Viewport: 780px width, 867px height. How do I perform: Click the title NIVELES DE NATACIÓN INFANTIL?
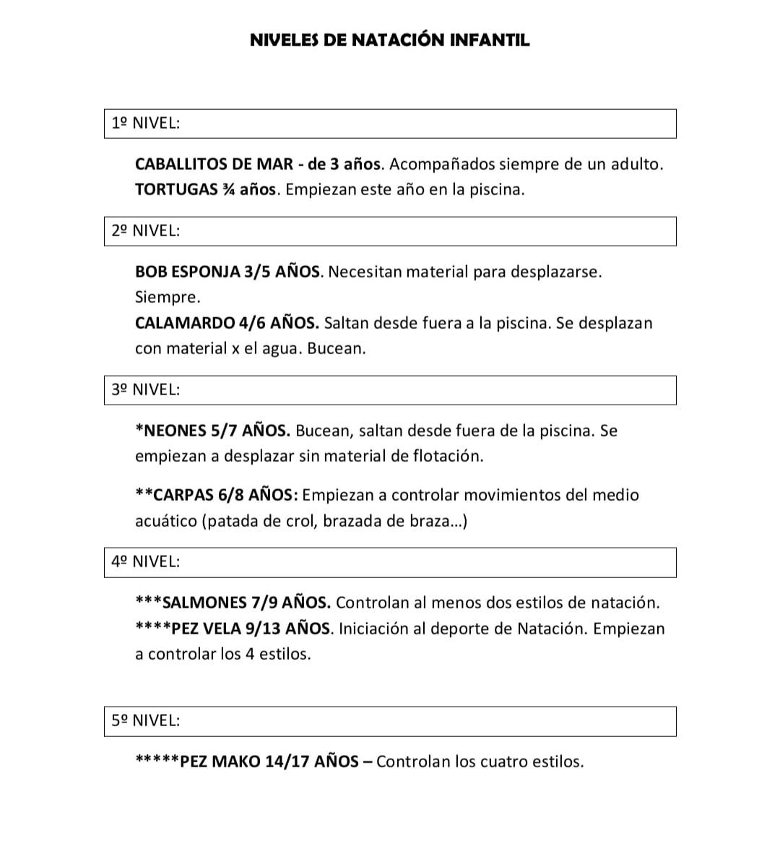[x=389, y=40]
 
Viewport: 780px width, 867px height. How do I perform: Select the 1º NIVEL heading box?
[x=390, y=124]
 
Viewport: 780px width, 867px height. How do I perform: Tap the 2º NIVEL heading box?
[x=390, y=231]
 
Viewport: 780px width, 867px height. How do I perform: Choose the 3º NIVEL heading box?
[x=390, y=390]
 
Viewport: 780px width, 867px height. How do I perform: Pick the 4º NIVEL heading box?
[x=390, y=562]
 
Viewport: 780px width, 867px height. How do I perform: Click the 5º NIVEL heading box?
[x=390, y=721]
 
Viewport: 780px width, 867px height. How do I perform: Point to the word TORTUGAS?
[x=176, y=190]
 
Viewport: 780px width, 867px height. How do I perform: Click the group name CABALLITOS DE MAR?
[x=214, y=165]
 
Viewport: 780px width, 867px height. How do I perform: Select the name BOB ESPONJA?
[x=187, y=272]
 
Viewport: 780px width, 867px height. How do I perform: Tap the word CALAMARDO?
[x=185, y=323]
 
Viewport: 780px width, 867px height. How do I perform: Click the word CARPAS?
[x=184, y=496]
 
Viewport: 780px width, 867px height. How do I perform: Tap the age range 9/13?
[x=263, y=629]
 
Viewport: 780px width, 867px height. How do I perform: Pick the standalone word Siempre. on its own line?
[x=168, y=298]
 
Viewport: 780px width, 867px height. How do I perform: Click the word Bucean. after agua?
[x=337, y=349]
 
